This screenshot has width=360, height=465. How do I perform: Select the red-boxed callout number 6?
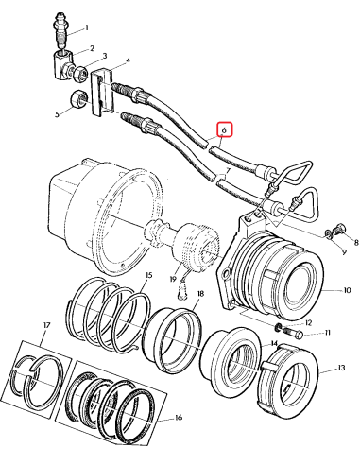pos(224,130)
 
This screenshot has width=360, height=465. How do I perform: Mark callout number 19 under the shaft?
pos(173,280)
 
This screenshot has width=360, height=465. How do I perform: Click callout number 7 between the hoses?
pos(225,177)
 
